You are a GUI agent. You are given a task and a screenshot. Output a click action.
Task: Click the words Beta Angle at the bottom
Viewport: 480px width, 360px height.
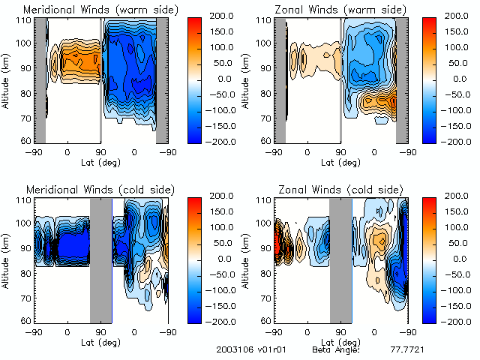pos(337,350)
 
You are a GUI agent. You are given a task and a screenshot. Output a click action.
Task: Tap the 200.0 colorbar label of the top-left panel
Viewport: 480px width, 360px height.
pos(222,15)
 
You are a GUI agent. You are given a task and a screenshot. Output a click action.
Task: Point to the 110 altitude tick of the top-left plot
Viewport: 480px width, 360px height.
pos(24,20)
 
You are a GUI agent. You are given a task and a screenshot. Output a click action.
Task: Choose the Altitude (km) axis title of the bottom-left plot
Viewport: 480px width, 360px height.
pos(7,259)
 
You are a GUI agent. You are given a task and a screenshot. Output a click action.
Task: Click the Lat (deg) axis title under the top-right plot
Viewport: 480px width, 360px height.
pos(340,162)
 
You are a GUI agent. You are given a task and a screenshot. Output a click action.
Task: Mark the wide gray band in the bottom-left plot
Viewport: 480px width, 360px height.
pos(100,260)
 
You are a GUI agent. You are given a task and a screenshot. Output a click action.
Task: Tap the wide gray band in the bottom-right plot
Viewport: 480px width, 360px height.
pos(340,260)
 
